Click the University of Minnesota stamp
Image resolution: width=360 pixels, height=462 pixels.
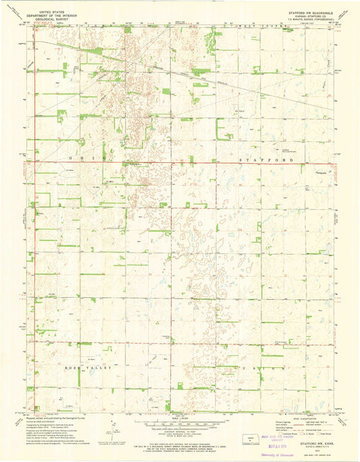pos(280,455)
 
